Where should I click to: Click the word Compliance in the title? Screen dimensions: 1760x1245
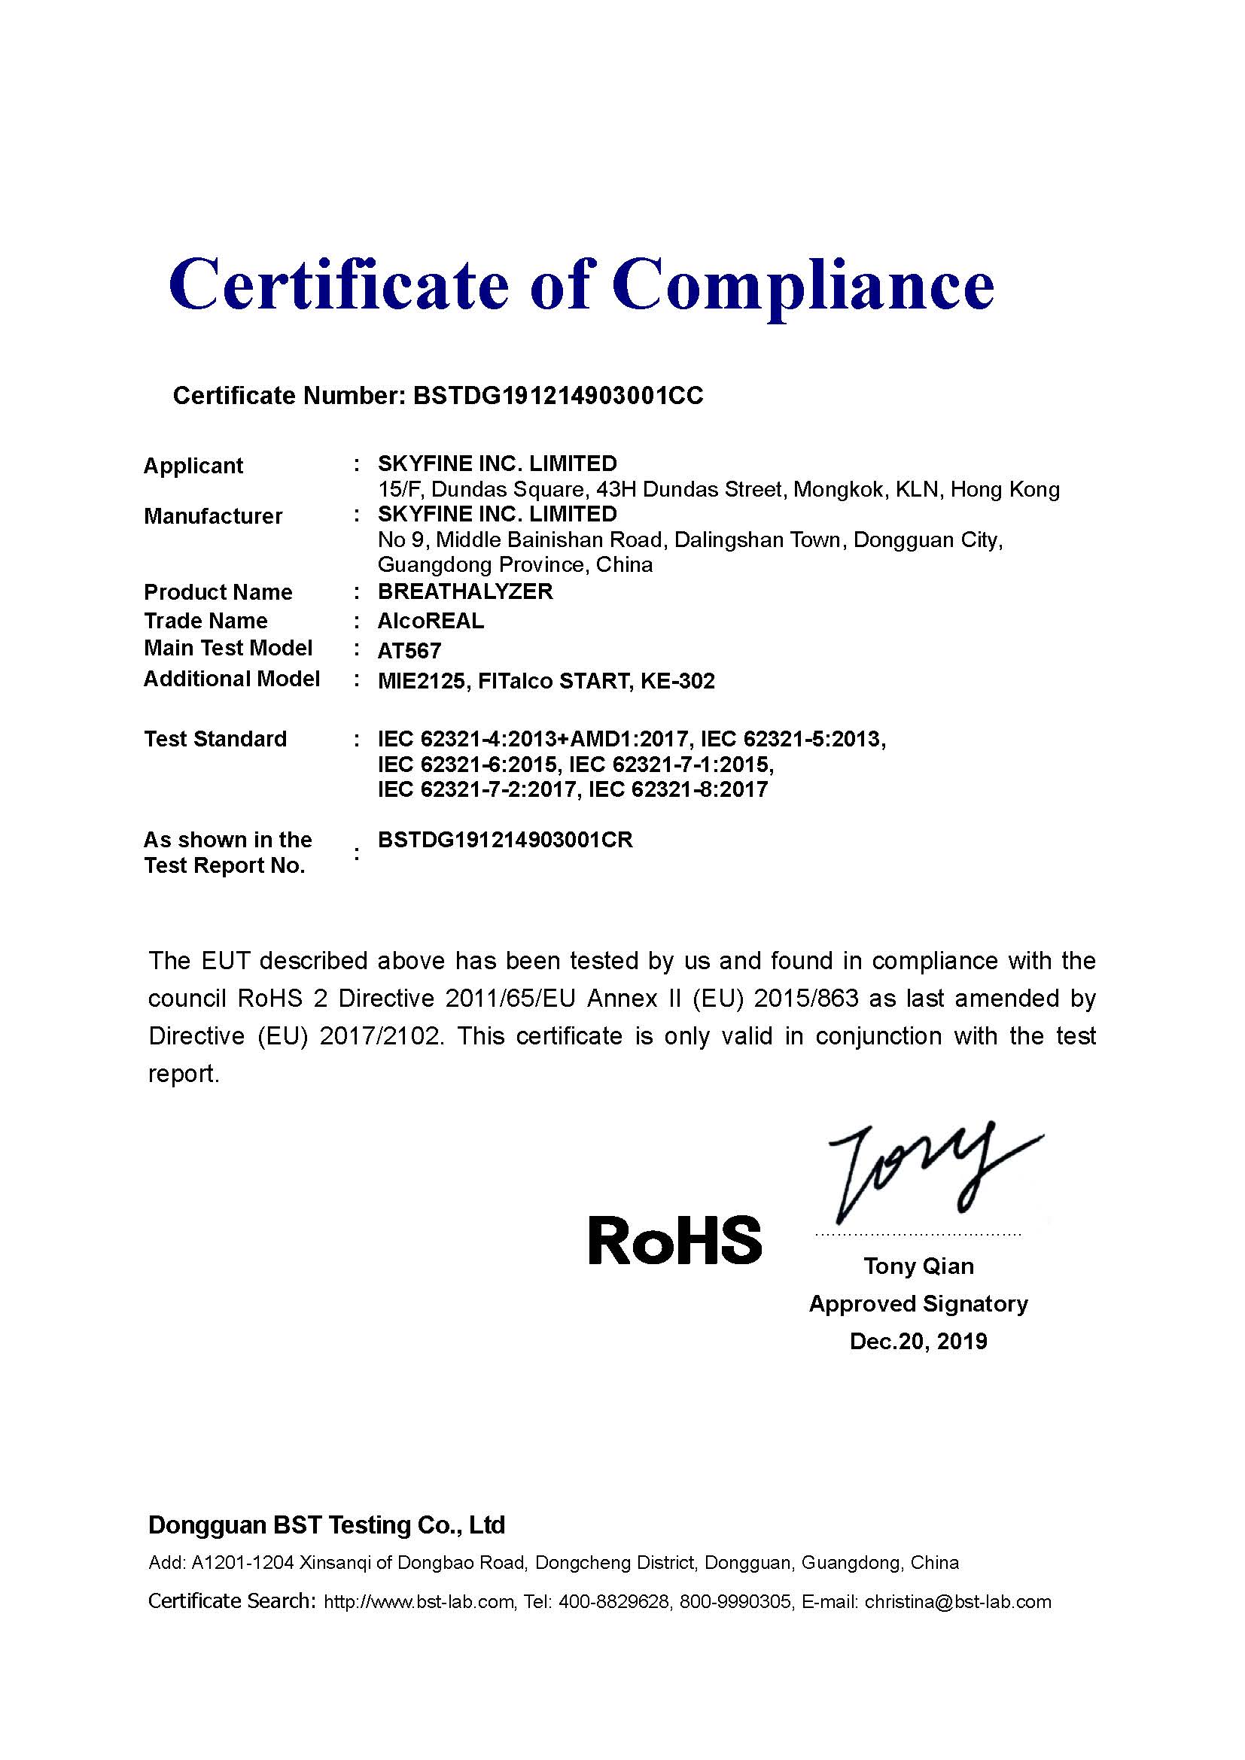802,286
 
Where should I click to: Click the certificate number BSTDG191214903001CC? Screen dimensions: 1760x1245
558,396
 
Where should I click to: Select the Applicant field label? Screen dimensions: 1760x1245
193,465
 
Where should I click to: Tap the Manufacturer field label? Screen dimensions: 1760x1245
213,516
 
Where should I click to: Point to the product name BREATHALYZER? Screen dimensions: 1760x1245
465,591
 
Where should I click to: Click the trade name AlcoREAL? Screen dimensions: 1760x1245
431,621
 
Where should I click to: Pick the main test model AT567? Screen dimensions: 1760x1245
409,651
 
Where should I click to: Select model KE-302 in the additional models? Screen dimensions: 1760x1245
675,681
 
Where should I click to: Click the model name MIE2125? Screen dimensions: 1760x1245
423,681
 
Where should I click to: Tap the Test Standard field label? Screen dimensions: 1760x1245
215,739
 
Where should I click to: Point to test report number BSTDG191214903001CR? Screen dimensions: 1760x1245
505,840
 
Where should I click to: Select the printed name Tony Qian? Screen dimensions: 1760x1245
918,1266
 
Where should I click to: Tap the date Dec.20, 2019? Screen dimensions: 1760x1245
918,1341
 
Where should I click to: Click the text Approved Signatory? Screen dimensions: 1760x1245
918,1303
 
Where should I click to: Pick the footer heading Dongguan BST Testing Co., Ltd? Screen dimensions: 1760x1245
327,1524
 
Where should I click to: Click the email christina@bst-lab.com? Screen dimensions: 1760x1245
957,1601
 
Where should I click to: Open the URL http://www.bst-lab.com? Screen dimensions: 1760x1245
419,1601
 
